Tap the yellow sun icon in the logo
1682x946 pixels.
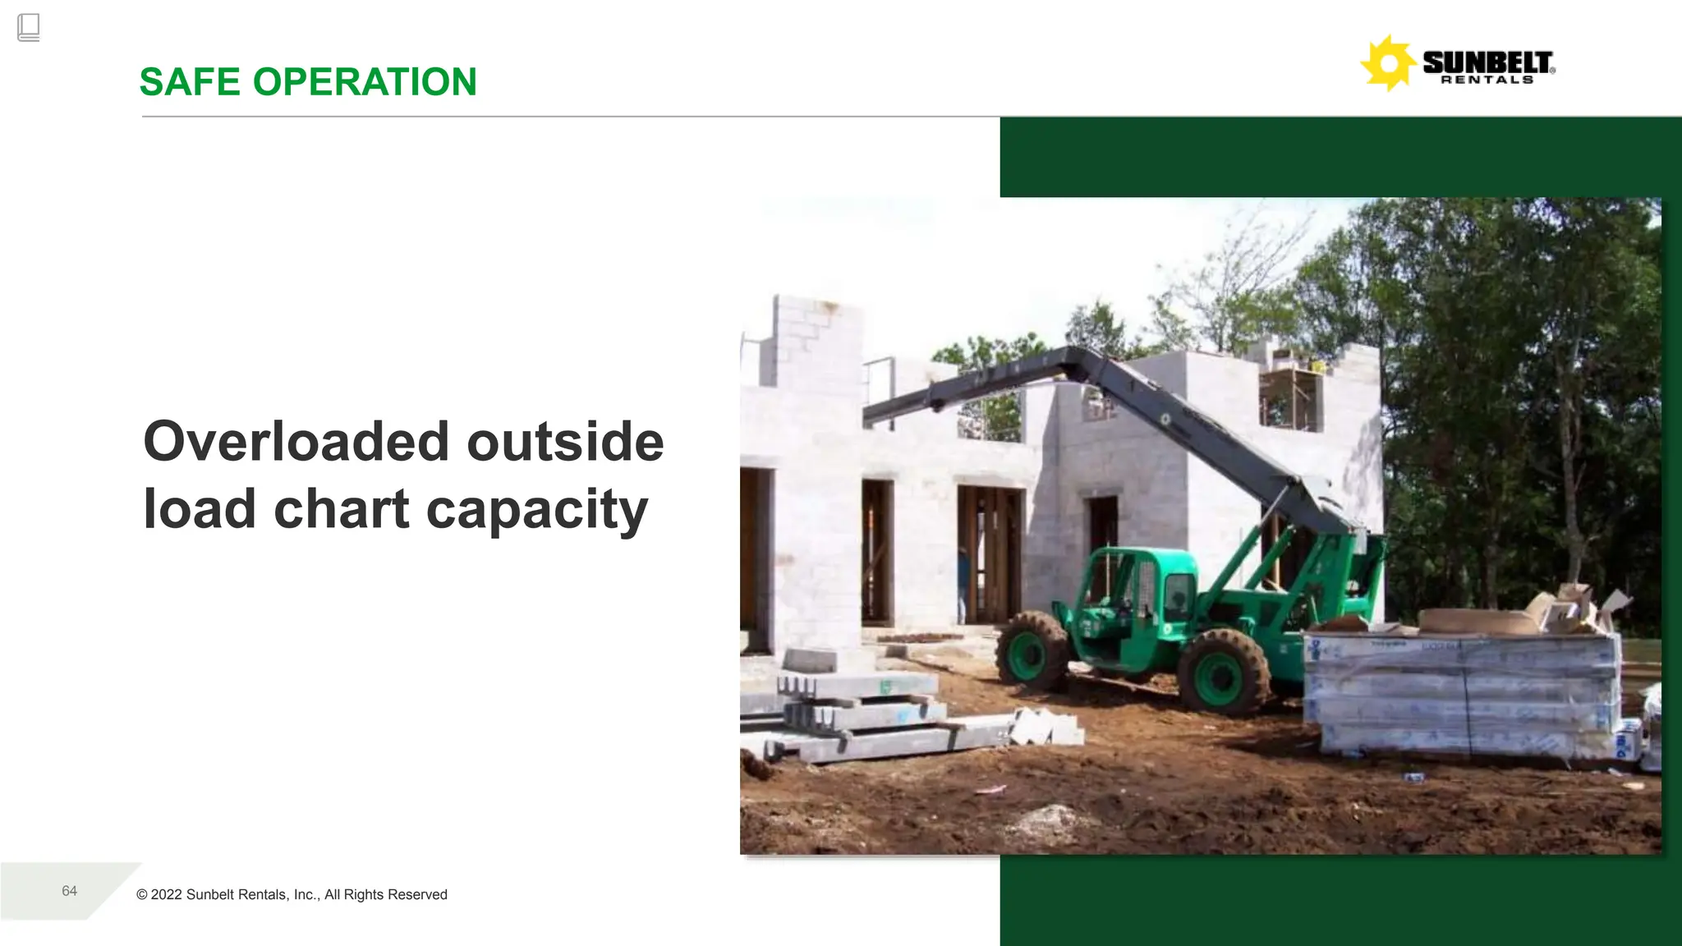coord(1388,63)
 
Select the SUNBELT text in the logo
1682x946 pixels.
coord(1487,62)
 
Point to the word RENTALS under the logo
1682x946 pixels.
coord(1487,80)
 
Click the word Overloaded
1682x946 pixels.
coord(296,442)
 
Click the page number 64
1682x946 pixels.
coord(70,891)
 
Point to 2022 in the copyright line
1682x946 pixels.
coord(167,894)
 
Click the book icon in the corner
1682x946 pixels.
coord(28,27)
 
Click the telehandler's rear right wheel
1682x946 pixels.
coord(1223,672)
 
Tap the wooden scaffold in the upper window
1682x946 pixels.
coord(1291,397)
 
